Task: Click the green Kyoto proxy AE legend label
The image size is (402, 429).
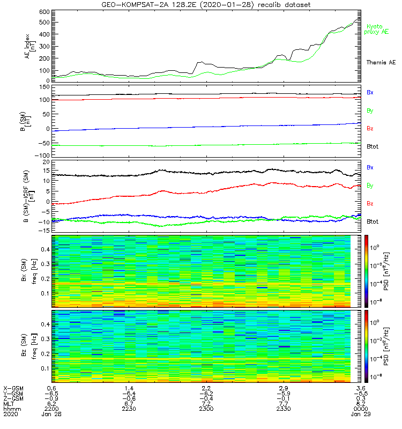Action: [378, 29]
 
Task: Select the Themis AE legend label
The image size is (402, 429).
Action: [381, 63]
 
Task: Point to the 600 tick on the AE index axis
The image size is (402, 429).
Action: [44, 11]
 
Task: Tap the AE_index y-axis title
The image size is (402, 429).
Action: [30, 47]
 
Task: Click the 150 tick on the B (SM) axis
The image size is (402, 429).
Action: [44, 87]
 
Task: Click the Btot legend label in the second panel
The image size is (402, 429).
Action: [373, 146]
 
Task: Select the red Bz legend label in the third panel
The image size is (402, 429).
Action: [370, 204]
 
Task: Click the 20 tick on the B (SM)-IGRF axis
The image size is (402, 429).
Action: [46, 161]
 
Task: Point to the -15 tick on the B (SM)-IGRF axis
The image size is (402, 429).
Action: [44, 231]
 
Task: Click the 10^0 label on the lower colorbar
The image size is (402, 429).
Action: [380, 323]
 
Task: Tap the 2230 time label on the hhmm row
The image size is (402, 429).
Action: [129, 409]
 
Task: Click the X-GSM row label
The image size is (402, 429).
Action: [14, 388]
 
